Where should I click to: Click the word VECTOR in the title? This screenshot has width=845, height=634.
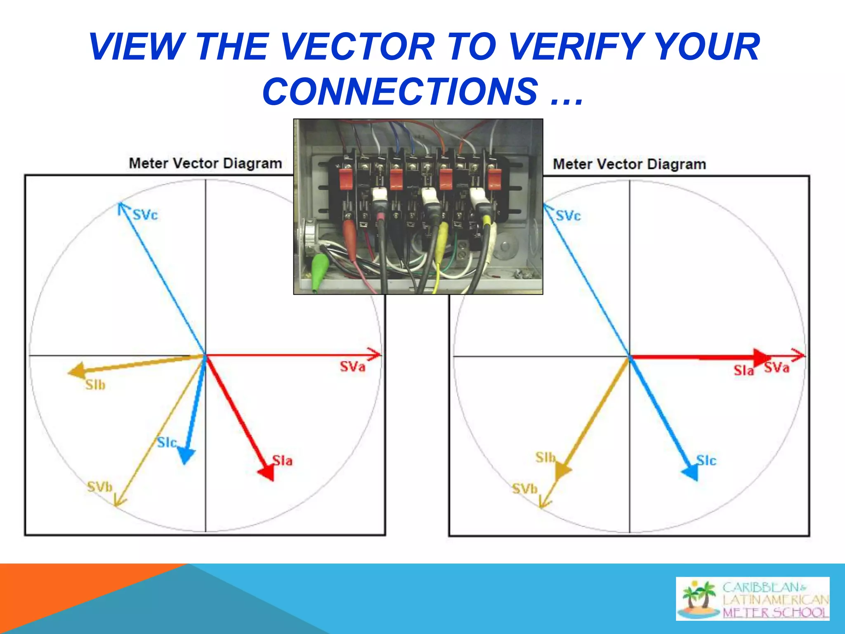pyautogui.click(x=358, y=47)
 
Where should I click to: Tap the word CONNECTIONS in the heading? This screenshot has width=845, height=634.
pyautogui.click(x=400, y=92)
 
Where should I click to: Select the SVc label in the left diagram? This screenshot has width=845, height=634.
pyautogui.click(x=145, y=215)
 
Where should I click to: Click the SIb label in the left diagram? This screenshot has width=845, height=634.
pyautogui.click(x=95, y=385)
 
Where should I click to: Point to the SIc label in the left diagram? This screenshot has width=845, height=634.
pyautogui.click(x=167, y=443)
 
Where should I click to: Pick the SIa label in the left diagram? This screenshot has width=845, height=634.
pyautogui.click(x=283, y=461)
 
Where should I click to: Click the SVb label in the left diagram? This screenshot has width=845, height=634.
pyautogui.click(x=100, y=487)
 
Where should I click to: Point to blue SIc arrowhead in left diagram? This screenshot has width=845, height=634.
pyautogui.click(x=186, y=455)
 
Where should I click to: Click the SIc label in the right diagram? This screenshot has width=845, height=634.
pyautogui.click(x=706, y=461)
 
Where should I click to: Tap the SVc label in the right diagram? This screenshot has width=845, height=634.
pyautogui.click(x=568, y=216)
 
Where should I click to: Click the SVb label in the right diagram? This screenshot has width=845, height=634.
pyautogui.click(x=525, y=489)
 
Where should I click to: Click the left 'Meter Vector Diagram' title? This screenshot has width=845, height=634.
pyautogui.click(x=205, y=163)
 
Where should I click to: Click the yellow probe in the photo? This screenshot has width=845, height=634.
pyautogui.click(x=443, y=239)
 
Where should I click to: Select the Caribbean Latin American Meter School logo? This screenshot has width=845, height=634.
pyautogui.click(x=753, y=599)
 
